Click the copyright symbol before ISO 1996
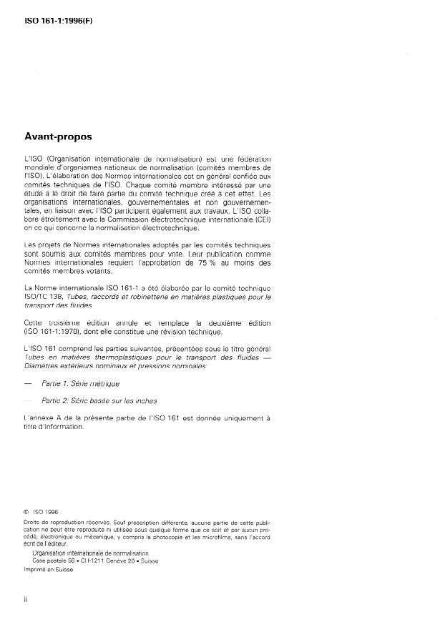click(26, 512)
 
